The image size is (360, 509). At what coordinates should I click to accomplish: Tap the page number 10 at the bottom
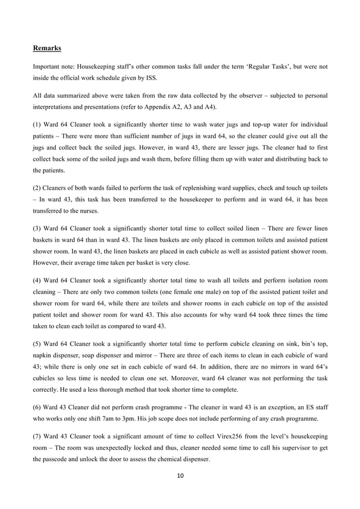(180, 476)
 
